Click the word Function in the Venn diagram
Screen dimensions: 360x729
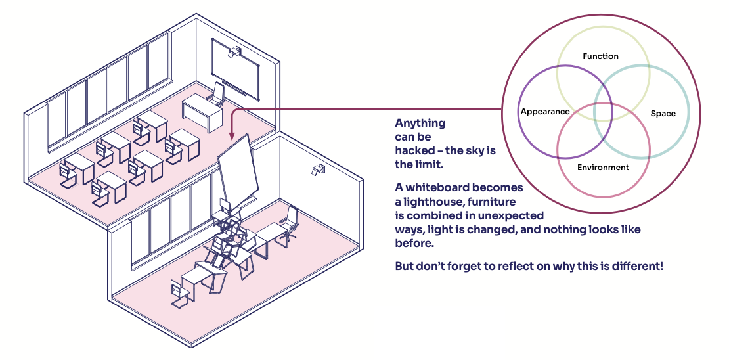600,56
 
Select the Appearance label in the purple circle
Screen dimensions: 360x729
544,112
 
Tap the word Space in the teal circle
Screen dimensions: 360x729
663,114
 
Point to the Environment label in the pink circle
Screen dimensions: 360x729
603,168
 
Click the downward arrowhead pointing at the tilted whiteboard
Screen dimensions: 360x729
231,135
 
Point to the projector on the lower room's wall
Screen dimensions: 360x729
318,170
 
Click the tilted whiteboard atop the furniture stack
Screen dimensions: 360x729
236,169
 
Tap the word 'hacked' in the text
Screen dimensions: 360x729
415,150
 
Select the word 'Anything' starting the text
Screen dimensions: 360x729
420,123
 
